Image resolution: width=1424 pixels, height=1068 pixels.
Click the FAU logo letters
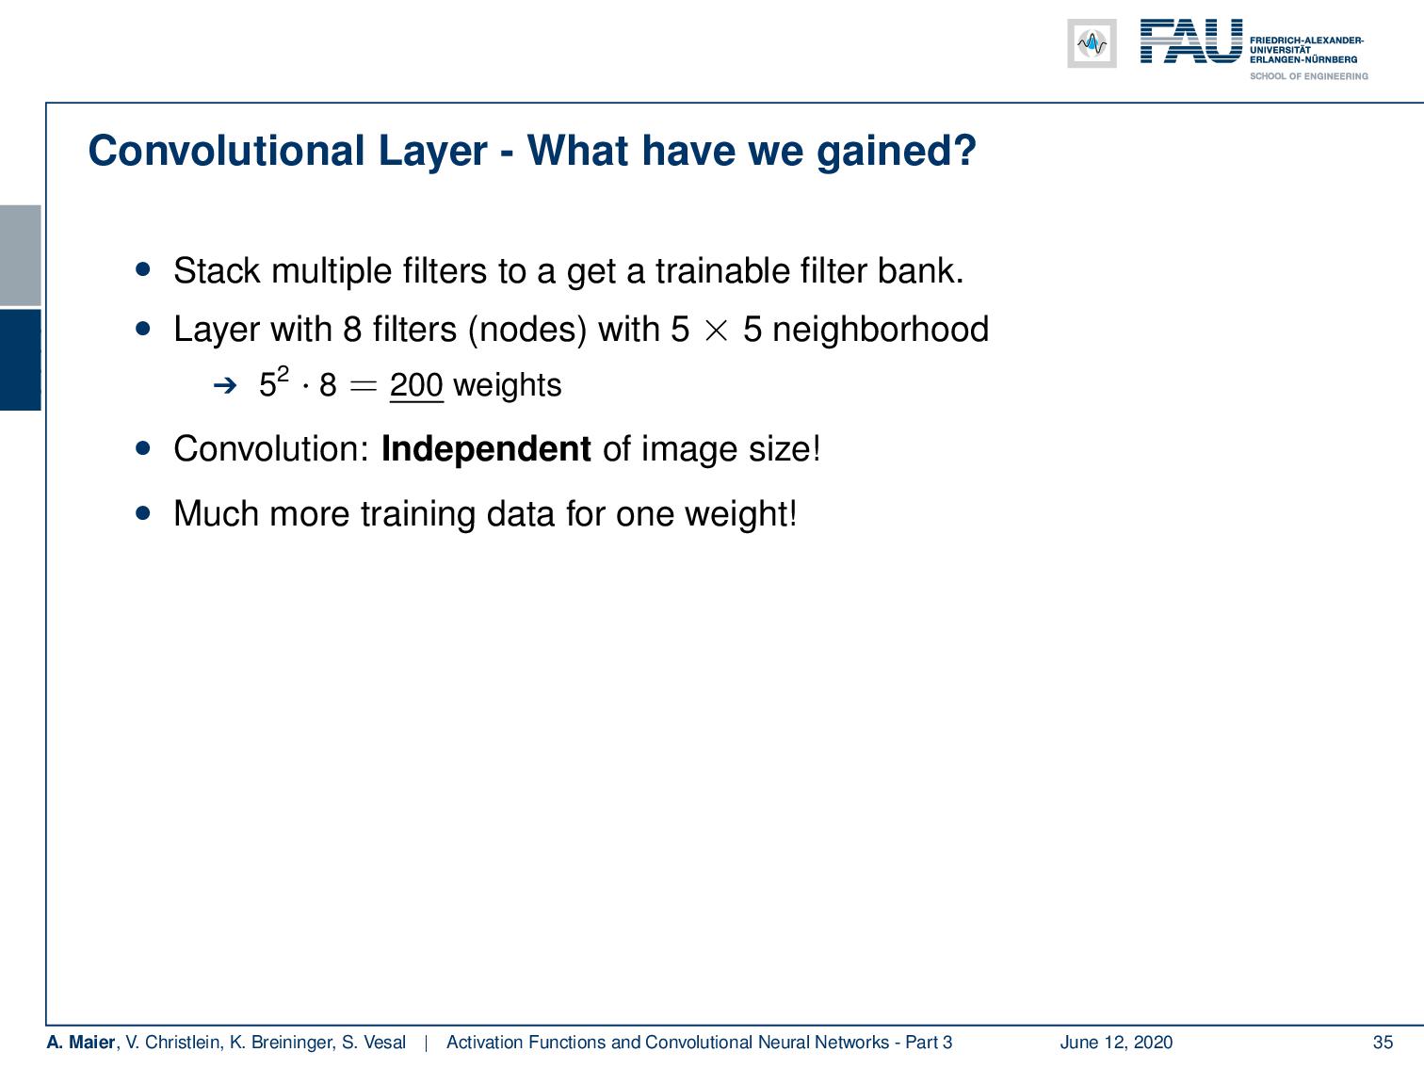(1191, 41)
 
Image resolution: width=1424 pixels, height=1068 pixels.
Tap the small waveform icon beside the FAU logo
(1092, 43)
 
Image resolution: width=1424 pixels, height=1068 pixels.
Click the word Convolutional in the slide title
(226, 151)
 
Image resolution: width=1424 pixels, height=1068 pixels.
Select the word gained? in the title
(896, 153)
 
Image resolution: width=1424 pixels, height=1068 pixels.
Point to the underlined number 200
(416, 385)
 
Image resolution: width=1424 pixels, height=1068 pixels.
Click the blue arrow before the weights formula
(225, 386)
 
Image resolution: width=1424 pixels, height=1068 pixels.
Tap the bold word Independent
(486, 448)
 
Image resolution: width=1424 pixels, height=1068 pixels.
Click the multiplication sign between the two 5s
(716, 331)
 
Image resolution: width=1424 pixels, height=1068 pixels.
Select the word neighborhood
(881, 329)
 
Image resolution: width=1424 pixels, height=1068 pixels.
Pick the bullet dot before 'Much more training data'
(143, 513)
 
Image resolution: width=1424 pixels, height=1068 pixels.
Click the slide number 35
(1383, 1042)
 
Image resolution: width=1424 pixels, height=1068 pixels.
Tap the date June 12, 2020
(1116, 1042)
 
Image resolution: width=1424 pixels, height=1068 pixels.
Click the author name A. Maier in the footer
(81, 1042)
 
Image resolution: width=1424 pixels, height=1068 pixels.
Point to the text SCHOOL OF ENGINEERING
(1308, 76)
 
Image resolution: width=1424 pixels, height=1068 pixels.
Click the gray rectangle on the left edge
(20, 255)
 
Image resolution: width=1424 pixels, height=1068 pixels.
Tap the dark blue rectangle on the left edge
(20, 360)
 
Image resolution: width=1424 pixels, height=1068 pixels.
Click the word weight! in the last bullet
(741, 515)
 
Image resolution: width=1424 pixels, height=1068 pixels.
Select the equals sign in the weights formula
(363, 386)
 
